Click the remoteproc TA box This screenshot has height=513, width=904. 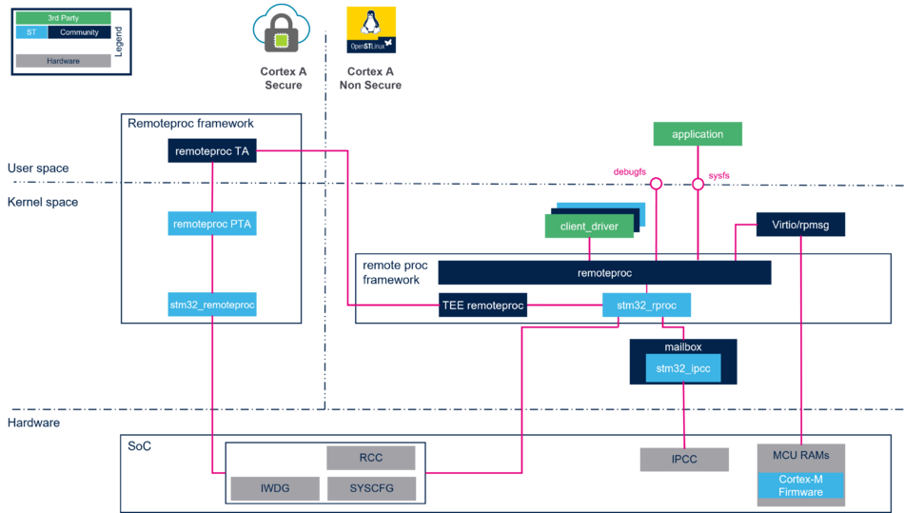tap(212, 150)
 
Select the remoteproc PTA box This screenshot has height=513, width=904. tap(212, 225)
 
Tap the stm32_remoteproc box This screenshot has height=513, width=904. tap(212, 305)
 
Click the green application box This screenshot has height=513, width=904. tap(698, 134)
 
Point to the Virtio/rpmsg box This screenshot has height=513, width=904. tap(800, 225)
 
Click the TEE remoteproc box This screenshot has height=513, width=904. tap(482, 306)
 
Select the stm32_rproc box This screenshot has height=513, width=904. tap(646, 306)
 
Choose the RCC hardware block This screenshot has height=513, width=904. tap(371, 458)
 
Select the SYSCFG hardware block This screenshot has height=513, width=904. tap(371, 489)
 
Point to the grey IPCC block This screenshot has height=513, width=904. tap(684, 459)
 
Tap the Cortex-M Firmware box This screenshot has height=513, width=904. tap(800, 485)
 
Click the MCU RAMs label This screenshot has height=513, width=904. tap(800, 455)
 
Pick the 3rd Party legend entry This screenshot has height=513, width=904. tap(63, 18)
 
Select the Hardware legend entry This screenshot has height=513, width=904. tap(63, 61)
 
